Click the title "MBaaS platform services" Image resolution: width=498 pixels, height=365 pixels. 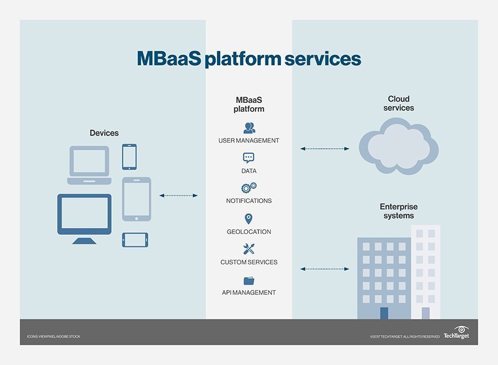249,59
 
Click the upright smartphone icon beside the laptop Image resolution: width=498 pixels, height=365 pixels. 129,157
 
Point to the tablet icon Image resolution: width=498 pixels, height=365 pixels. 136,199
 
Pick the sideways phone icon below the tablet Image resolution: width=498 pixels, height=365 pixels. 135,239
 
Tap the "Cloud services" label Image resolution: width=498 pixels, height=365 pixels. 398,103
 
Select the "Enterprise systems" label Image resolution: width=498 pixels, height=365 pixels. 398,211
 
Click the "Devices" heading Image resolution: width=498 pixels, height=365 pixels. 104,133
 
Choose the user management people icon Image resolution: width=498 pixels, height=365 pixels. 249,128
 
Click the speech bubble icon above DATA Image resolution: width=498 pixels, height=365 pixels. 248,158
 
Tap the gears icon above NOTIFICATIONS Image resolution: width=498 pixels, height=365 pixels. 248,188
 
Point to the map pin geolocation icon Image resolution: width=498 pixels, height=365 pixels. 248,219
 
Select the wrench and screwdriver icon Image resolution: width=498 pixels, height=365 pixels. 248,249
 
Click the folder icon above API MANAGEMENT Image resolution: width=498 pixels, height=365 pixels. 248,280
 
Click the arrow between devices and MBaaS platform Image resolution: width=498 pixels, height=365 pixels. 178,195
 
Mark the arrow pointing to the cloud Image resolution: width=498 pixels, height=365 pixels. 324,149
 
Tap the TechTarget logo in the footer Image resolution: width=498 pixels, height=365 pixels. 457,332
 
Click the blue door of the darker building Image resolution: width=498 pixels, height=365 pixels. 384,313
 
